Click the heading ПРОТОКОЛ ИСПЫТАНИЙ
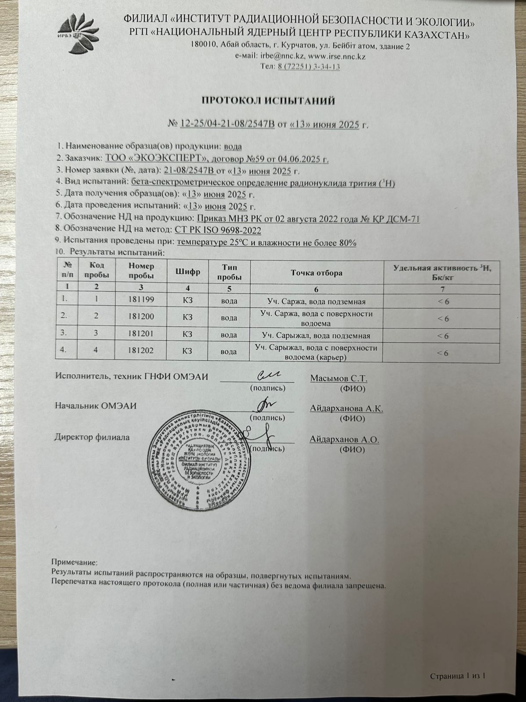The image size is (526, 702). tap(268, 101)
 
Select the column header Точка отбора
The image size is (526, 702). tap(316, 273)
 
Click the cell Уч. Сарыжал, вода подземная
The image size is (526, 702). tap(316, 336)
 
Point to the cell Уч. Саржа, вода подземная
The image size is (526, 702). tap(316, 301)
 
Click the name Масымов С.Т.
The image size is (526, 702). tap(339, 378)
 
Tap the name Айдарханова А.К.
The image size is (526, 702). tap(346, 408)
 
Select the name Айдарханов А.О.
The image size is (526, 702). tap(344, 439)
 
